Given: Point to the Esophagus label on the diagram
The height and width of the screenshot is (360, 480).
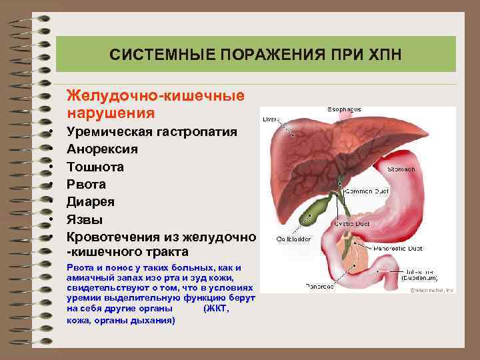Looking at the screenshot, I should [344, 108].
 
